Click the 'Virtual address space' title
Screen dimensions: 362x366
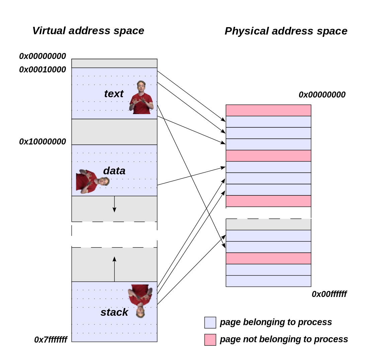point(88,31)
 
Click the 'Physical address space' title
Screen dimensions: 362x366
point(286,31)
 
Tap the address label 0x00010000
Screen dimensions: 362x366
point(43,70)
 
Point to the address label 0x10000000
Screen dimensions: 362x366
point(43,142)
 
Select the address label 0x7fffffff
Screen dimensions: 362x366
point(51,340)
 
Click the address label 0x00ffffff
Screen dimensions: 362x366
point(329,294)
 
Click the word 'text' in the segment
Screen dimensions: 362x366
point(114,94)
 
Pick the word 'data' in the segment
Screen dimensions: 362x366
point(114,171)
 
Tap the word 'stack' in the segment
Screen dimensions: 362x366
point(114,312)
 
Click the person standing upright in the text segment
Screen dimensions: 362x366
point(141,98)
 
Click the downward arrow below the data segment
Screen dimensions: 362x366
point(114,204)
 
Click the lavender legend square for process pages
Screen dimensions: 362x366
point(210,322)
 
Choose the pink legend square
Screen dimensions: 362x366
point(210,340)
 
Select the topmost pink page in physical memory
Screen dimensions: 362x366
point(268,110)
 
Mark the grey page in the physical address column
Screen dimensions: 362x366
point(268,224)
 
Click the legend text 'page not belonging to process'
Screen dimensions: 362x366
point(284,339)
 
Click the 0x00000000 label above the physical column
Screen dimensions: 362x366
point(322,95)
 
